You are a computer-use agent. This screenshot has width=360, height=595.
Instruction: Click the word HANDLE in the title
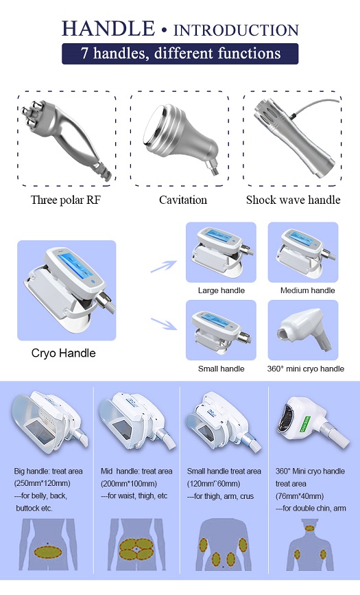coord(108,29)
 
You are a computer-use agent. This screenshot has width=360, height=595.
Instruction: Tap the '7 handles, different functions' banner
coord(180,54)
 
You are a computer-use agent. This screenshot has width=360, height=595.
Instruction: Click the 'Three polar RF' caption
coord(66,200)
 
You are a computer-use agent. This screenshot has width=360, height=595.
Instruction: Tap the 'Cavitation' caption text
coord(183,200)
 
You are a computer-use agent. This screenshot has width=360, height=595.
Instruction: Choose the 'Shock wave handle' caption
coord(293,200)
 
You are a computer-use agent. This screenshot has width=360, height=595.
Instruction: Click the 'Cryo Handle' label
coord(63,353)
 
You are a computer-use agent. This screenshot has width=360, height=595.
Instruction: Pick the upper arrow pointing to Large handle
coord(163,266)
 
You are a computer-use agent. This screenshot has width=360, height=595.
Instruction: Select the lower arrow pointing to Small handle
coord(163,324)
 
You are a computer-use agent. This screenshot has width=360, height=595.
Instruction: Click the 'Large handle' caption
coord(221,291)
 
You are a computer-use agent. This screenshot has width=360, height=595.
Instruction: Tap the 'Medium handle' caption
coord(308,291)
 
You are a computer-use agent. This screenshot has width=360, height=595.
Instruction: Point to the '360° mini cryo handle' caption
coord(306,369)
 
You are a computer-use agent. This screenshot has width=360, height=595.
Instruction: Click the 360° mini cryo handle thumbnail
coord(303,330)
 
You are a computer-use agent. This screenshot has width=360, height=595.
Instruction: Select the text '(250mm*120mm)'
coord(42,484)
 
